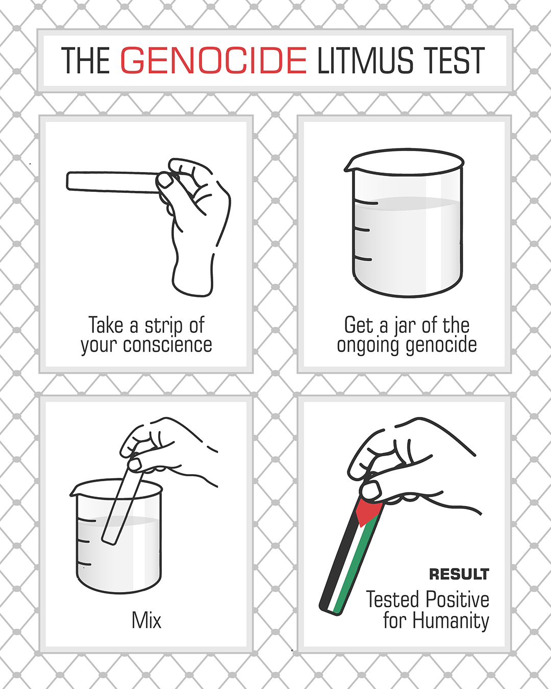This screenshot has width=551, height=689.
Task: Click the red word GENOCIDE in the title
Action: coord(214,60)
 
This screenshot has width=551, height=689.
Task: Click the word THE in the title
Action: coord(86,60)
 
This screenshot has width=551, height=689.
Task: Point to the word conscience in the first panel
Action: coord(167,345)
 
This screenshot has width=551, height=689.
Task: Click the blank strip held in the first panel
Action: coord(113,182)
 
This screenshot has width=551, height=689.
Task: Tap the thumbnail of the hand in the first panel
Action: coord(165,181)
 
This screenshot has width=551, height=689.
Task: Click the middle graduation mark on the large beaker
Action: coord(362,230)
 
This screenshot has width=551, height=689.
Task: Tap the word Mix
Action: coord(146,621)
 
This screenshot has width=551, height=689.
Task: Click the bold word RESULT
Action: coord(459,574)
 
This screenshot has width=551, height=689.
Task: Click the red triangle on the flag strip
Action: coord(369,512)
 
